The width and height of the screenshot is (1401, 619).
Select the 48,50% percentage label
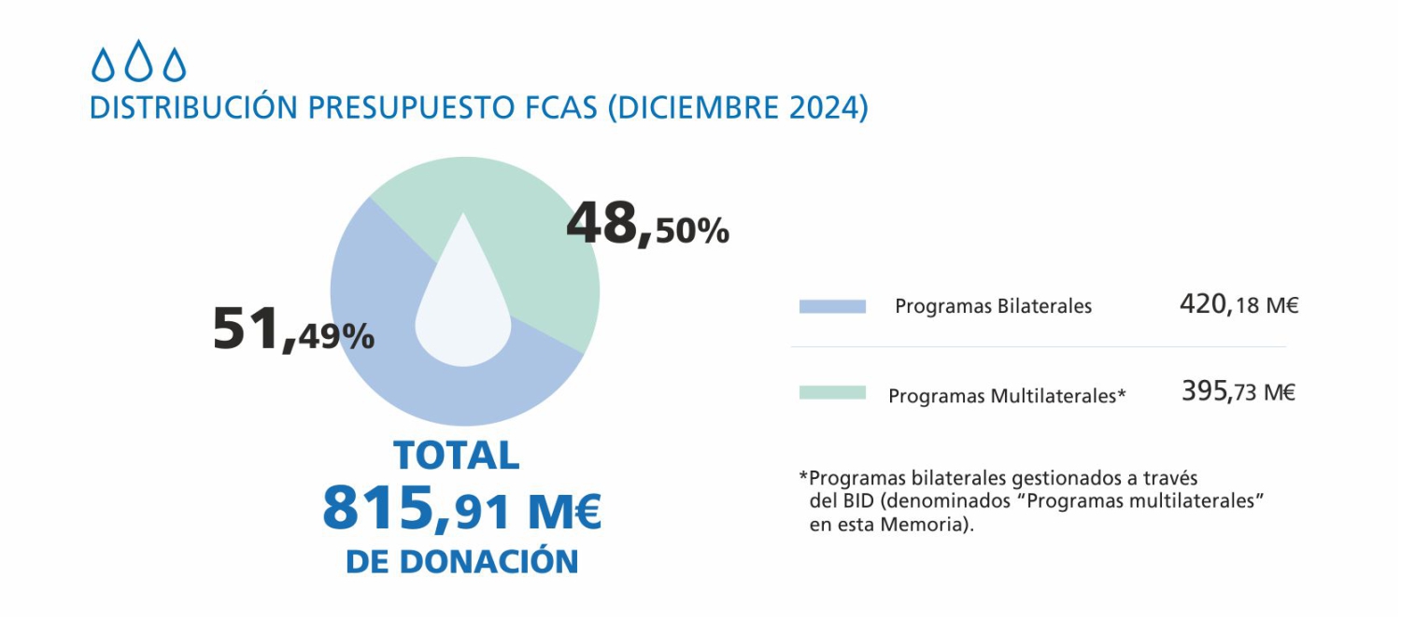647,226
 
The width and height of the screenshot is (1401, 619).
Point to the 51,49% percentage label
293,330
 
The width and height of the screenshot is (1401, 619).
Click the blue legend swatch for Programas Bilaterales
832,306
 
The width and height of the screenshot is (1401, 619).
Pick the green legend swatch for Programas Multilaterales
832,393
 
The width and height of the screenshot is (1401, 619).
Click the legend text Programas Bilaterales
993,306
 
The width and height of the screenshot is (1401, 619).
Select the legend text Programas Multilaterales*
1007,396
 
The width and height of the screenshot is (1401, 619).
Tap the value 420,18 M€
1238,304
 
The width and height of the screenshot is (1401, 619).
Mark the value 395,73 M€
1238,391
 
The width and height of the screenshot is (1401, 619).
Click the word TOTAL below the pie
457,456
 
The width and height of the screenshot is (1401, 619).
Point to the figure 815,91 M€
461,510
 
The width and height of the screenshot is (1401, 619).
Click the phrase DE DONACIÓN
461,562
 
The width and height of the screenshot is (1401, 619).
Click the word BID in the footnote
855,501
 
